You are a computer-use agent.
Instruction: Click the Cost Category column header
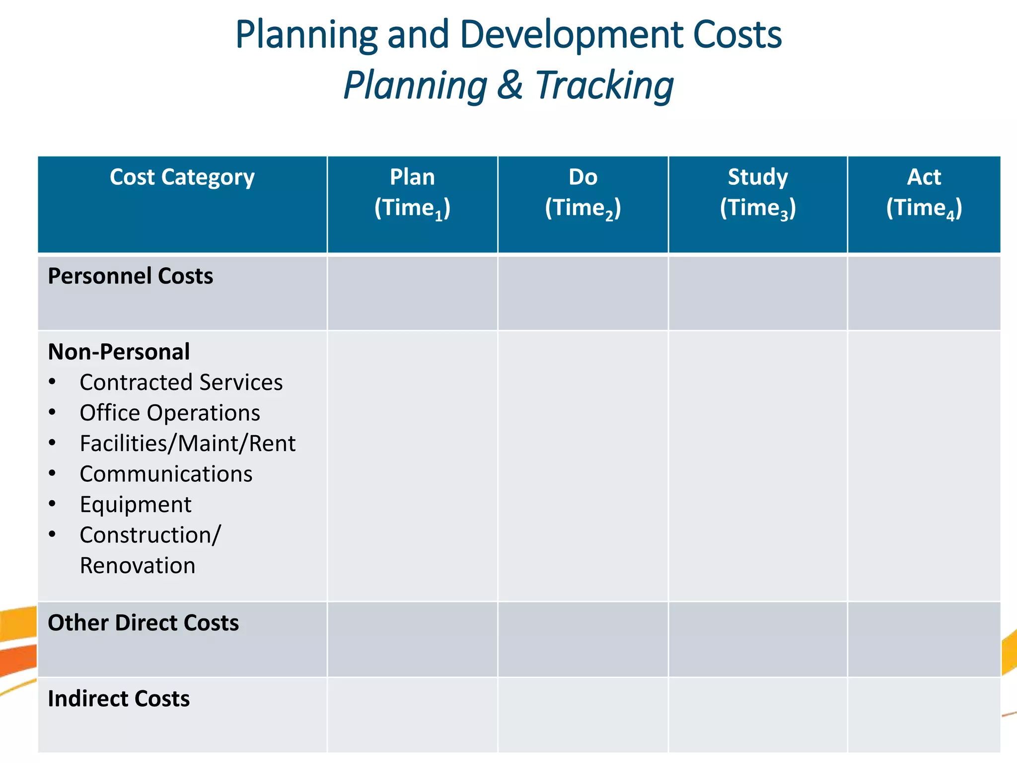[x=182, y=177]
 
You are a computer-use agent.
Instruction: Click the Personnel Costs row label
[x=130, y=276]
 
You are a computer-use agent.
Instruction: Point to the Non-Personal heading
[x=119, y=352]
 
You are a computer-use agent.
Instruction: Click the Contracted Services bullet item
[x=181, y=382]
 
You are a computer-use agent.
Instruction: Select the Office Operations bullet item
[x=169, y=413]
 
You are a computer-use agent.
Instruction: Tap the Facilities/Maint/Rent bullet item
[x=187, y=444]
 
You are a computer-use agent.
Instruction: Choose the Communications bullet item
[x=166, y=474]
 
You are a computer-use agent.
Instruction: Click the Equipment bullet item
[x=135, y=505]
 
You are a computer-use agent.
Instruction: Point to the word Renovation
[x=138, y=566]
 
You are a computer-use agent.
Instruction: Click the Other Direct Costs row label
[x=143, y=623]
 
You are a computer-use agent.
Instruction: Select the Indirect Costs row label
[x=119, y=699]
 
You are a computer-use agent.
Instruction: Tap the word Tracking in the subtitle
[x=604, y=85]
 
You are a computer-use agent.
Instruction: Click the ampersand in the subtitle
[x=510, y=85]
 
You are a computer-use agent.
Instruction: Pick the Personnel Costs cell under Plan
[x=412, y=293]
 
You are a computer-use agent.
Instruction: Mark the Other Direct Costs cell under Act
[x=924, y=639]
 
